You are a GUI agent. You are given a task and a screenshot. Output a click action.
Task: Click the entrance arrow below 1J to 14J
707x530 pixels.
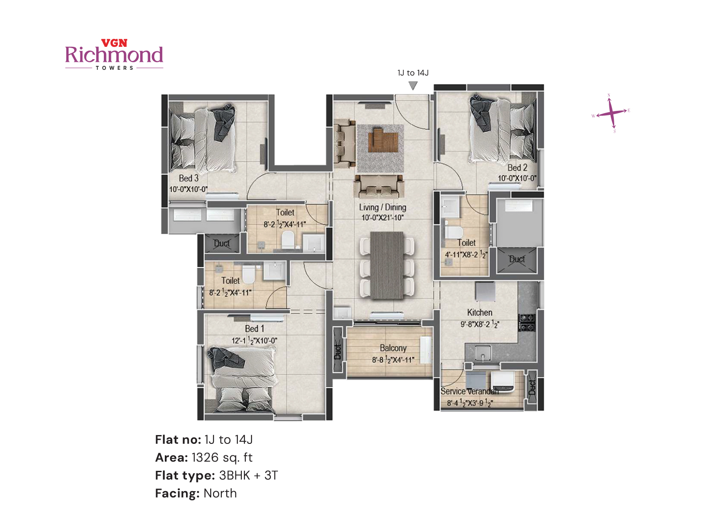[413, 85]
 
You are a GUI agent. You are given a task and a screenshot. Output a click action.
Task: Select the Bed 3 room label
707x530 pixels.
[189, 178]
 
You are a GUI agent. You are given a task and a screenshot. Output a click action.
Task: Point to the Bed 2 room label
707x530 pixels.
[517, 168]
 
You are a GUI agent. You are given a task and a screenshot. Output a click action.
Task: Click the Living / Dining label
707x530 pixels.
[382, 207]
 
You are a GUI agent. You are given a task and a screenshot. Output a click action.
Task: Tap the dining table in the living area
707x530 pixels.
[387, 265]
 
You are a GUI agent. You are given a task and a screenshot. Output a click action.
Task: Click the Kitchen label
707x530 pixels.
[479, 313]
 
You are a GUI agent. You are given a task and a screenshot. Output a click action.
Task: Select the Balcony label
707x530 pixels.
[393, 348]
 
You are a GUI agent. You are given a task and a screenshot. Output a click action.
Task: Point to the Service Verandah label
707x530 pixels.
[469, 391]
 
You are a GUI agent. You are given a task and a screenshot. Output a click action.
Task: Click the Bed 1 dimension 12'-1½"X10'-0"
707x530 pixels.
[254, 341]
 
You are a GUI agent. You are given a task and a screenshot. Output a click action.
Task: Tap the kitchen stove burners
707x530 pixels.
[527, 322]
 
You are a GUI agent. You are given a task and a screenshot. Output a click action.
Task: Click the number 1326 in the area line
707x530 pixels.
[205, 458]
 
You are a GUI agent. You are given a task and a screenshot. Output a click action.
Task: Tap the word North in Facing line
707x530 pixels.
[220, 493]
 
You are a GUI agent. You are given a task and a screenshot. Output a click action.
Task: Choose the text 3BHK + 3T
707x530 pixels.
[248, 476]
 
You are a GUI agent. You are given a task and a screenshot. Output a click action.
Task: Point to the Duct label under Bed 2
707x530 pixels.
[517, 259]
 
